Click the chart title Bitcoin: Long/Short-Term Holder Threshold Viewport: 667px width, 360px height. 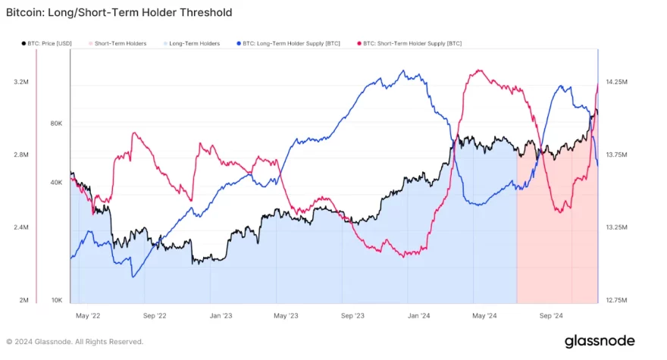(x=119, y=13)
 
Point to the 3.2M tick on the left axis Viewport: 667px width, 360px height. (x=21, y=82)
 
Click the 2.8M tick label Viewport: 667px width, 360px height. (x=21, y=155)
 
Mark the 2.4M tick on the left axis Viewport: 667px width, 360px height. (x=21, y=227)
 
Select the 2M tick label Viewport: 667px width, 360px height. (x=23, y=300)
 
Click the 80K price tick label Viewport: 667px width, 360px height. (x=56, y=124)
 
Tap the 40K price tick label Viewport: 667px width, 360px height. (x=56, y=183)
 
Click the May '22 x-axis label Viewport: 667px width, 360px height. (x=89, y=315)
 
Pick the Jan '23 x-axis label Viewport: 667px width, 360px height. (x=221, y=315)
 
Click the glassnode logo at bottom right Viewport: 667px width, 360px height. (x=599, y=341)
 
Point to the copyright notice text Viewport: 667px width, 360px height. (x=74, y=342)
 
